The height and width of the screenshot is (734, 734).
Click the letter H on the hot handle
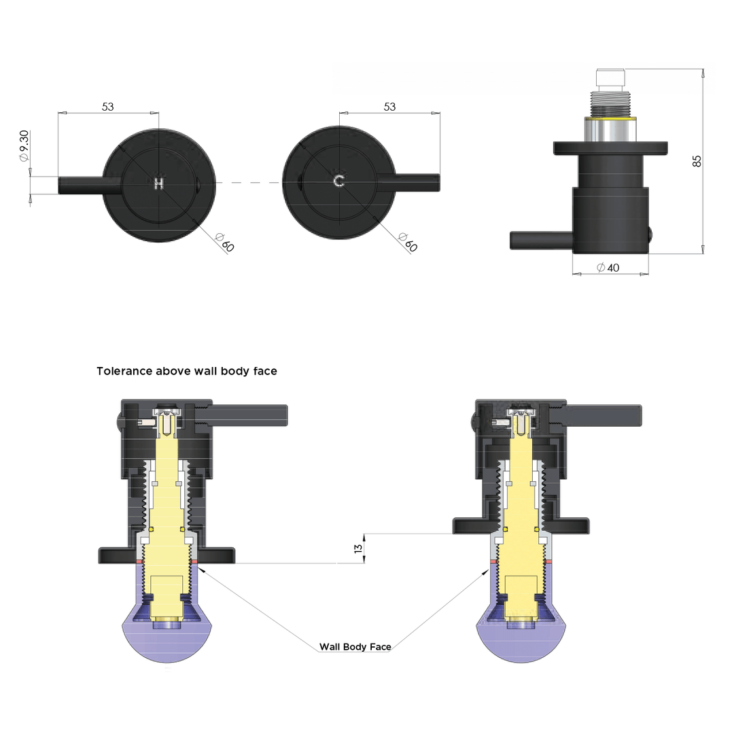coord(158,182)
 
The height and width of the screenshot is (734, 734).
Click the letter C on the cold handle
coord(338,182)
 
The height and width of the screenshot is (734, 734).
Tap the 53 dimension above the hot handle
coord(107,107)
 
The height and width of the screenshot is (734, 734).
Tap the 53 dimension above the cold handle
coord(389,107)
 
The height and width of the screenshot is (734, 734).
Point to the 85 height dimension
coord(697,161)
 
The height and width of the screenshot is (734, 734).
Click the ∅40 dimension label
coord(608,268)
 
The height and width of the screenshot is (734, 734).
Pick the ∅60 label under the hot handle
coord(224,242)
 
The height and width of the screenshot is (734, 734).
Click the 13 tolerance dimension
coord(359,548)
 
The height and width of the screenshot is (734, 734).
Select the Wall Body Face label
coord(355,647)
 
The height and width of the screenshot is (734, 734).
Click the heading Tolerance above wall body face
coord(187,371)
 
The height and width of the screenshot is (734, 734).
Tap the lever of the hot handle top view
coord(82,186)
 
